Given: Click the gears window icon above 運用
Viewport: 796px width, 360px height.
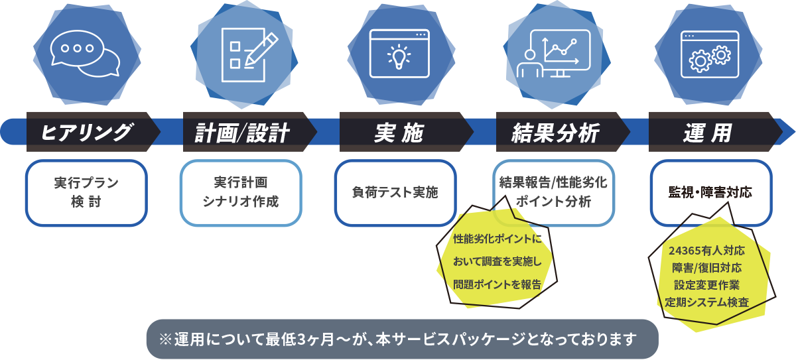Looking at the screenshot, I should pos(710,53).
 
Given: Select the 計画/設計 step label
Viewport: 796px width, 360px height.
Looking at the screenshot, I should pos(242,133).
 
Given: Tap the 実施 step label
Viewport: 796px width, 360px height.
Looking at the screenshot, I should pos(398,133).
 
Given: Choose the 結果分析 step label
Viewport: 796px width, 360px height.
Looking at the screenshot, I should pos(555,133).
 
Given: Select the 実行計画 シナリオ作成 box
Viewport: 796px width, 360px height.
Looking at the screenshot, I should pos(241,192).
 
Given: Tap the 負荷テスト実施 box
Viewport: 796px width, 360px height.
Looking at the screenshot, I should pos(395,192).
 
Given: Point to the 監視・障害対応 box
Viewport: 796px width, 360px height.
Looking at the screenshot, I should pos(710,192).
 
